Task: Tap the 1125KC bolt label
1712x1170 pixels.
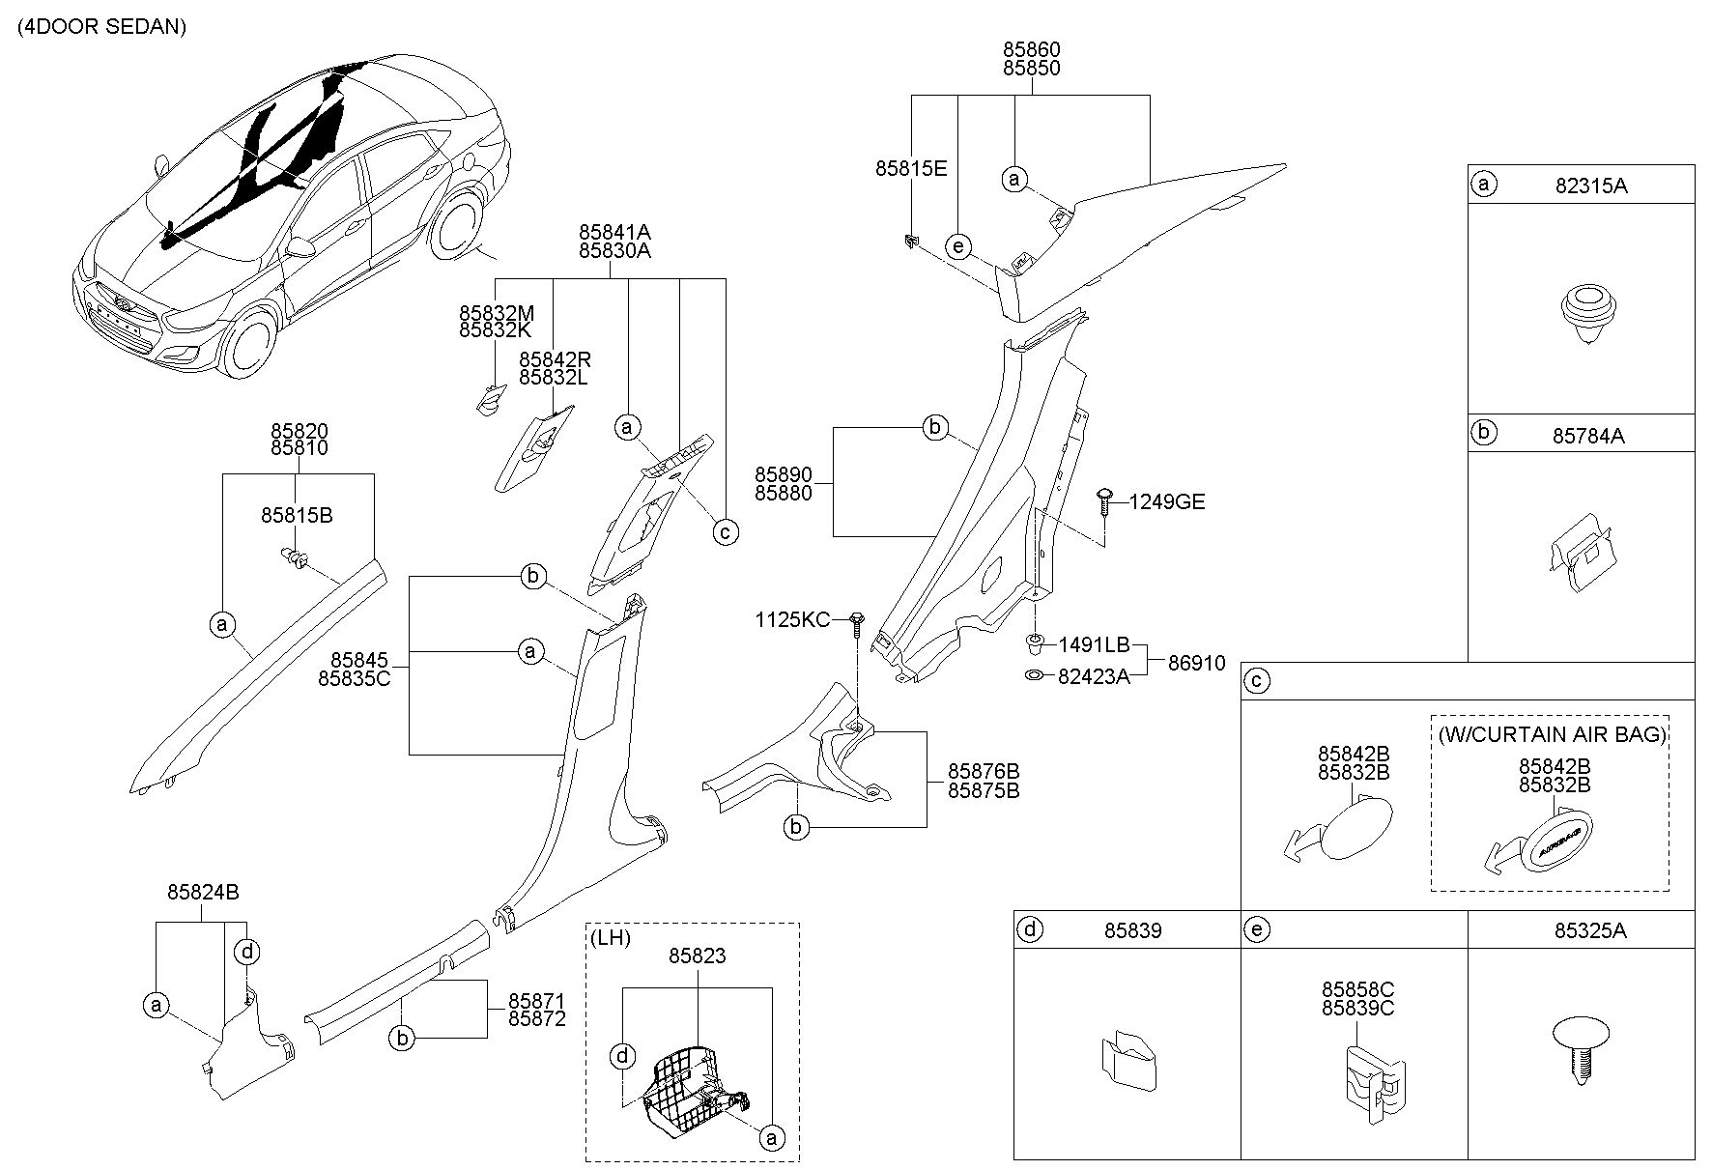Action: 792,619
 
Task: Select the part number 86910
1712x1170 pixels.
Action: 1196,664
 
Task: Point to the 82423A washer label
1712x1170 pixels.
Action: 1093,677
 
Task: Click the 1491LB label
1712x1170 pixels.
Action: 1093,644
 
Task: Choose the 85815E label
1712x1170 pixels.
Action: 911,168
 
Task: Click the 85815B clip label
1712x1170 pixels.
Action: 297,516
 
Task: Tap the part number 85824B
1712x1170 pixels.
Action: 203,893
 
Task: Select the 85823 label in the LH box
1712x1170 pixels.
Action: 698,956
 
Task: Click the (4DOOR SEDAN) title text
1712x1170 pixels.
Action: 101,27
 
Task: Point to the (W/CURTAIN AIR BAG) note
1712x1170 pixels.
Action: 1552,734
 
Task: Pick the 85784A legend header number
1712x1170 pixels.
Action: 1588,436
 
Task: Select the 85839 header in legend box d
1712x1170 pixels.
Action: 1133,930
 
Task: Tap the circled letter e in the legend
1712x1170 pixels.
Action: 1257,929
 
